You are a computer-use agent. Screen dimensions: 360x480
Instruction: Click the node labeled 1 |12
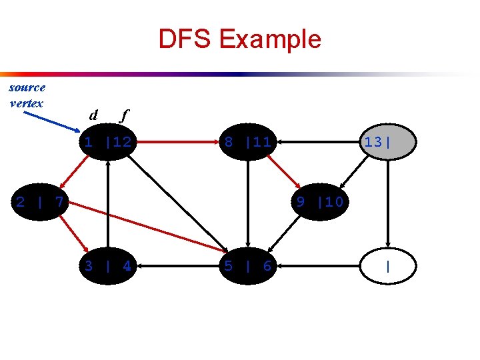point(107,141)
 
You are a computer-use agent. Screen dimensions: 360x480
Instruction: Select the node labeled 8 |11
point(247,141)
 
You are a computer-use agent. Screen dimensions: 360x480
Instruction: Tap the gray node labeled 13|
point(388,141)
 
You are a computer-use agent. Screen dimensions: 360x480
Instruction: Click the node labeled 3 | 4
point(107,266)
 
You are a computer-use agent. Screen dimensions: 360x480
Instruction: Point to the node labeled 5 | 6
point(247,266)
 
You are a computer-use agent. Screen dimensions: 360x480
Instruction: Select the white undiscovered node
point(388,266)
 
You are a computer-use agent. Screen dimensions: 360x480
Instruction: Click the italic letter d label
point(94,115)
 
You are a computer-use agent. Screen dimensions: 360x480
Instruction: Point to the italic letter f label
point(122,115)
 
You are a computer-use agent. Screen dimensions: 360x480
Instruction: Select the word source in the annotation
point(27,87)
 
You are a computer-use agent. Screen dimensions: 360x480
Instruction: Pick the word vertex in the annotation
point(27,103)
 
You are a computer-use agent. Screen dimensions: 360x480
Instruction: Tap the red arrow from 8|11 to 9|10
point(285,171)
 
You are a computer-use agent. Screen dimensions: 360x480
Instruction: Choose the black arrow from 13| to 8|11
point(317,141)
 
